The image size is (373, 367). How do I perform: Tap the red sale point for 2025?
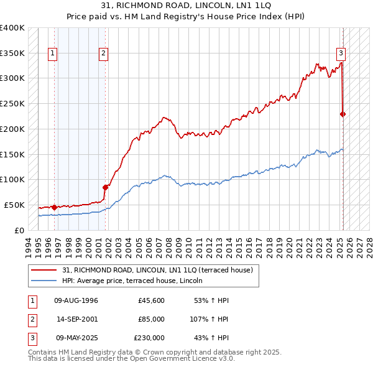(343, 114)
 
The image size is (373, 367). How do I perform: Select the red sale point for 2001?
(105, 187)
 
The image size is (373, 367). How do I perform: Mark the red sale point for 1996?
(55, 207)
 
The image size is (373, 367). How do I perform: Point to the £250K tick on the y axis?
(12, 103)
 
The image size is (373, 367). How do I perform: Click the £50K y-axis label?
(14, 205)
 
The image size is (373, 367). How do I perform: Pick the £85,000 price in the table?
(151, 319)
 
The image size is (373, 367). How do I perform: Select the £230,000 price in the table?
(149, 338)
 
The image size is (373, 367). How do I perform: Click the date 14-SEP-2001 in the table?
(76, 319)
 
